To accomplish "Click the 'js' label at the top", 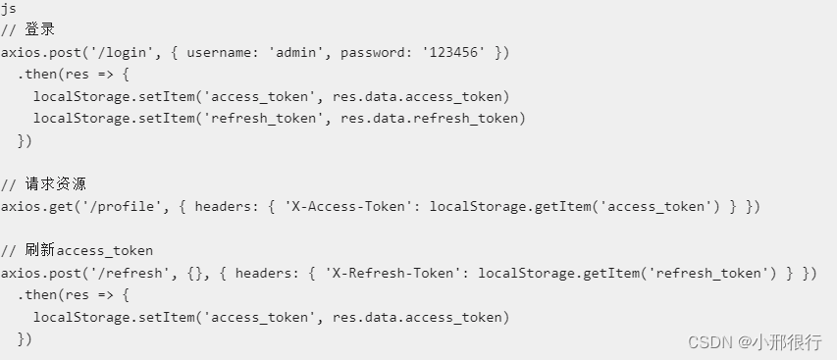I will click(8, 8).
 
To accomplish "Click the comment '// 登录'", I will click(28, 29).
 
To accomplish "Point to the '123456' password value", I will click(452, 51).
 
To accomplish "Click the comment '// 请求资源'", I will click(44, 184).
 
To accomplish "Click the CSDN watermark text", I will click(709, 341).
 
